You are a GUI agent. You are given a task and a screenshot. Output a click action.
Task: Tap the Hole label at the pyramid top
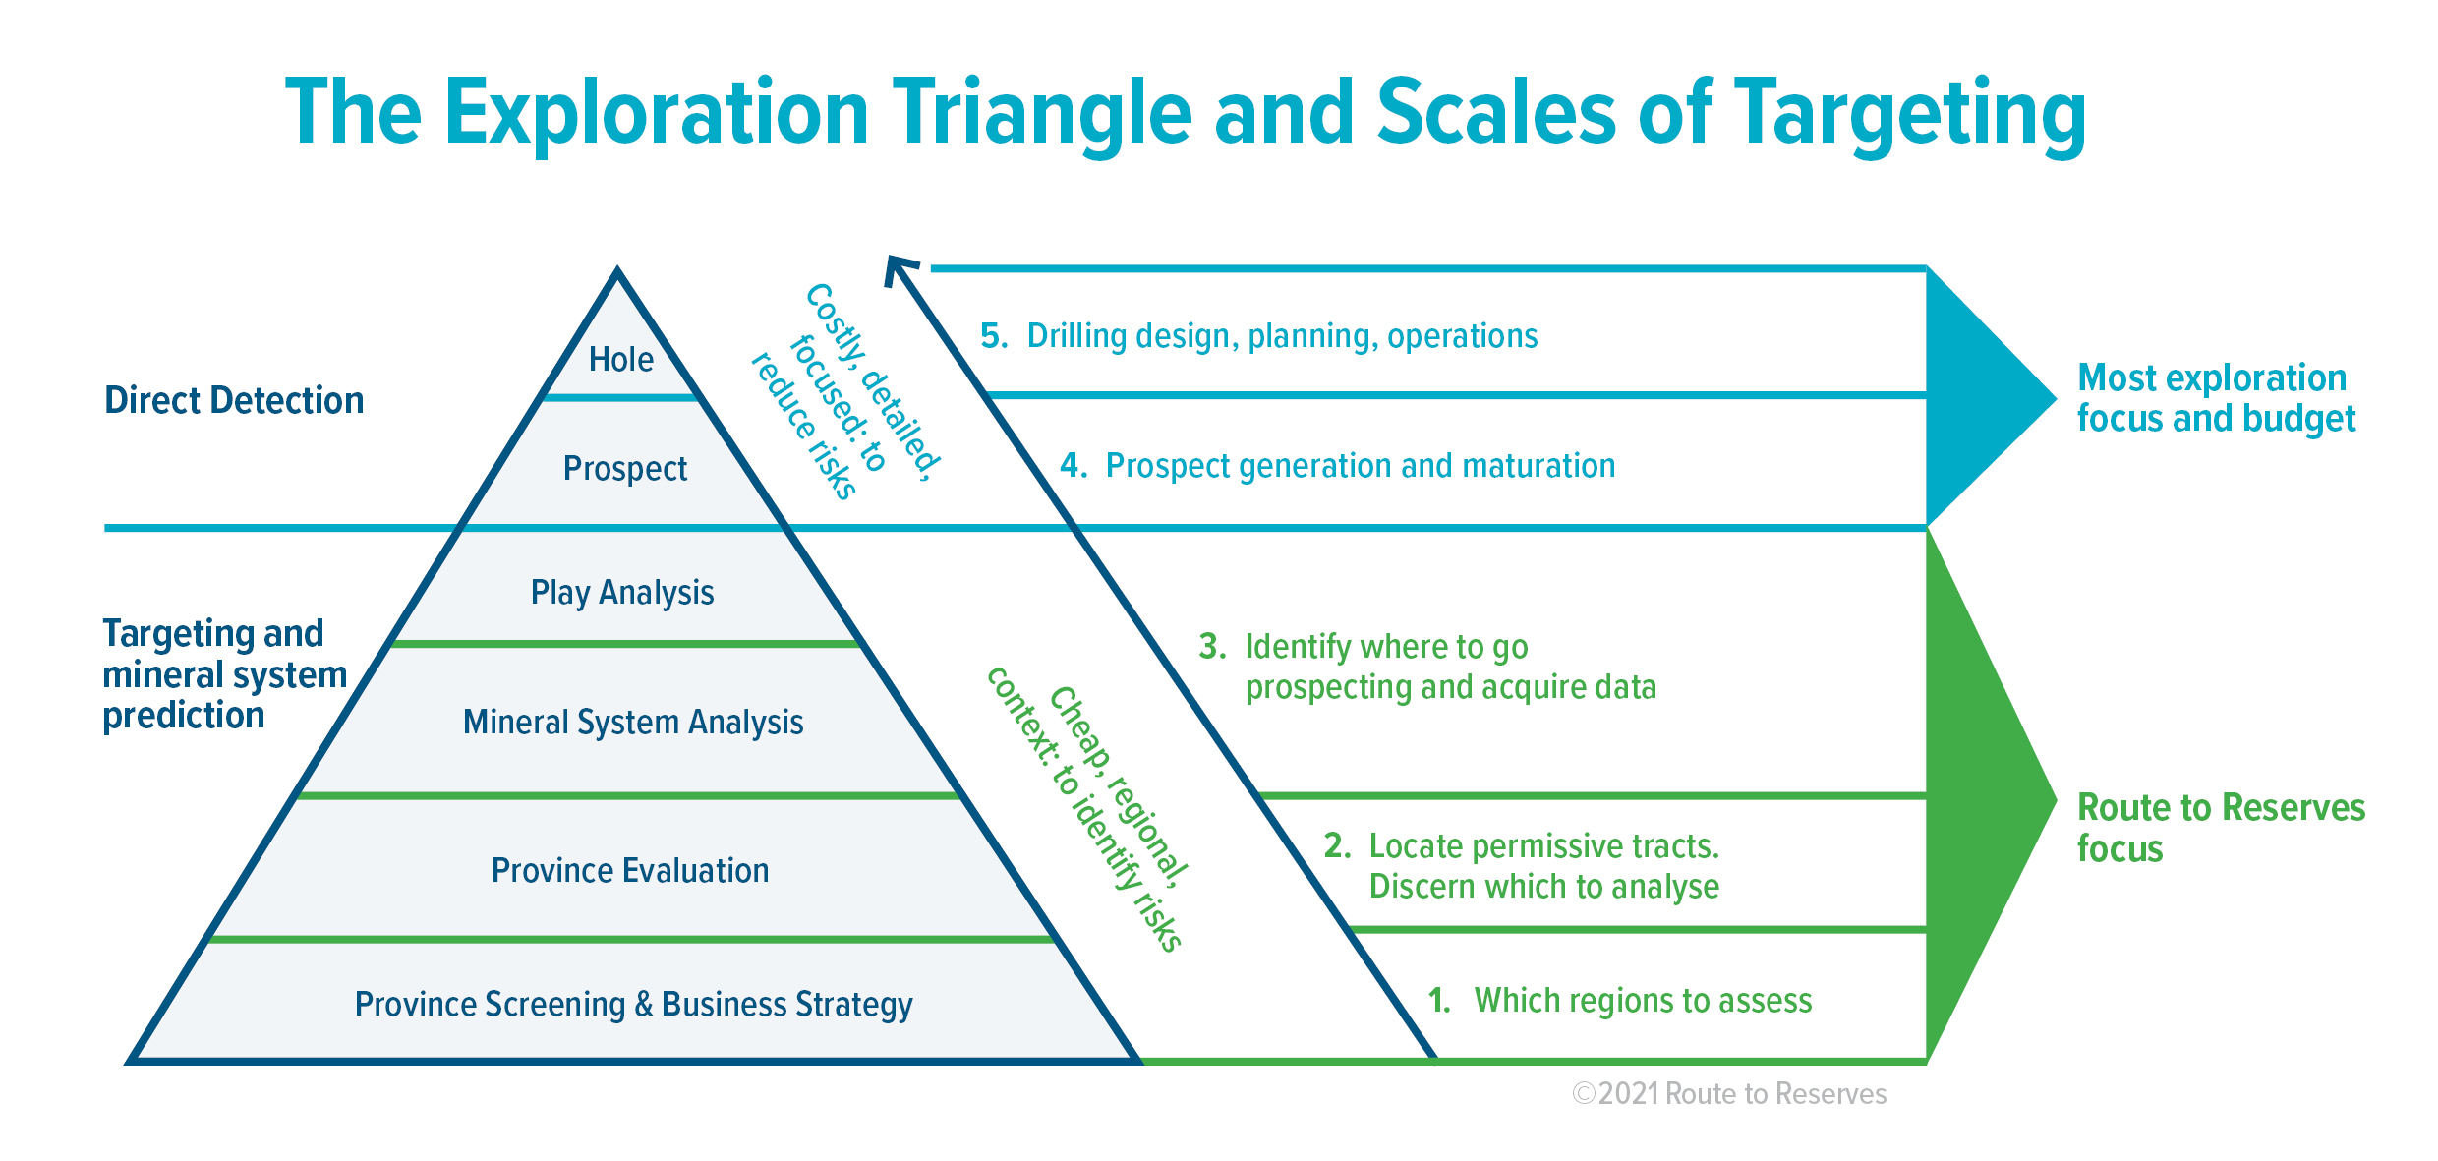(x=621, y=359)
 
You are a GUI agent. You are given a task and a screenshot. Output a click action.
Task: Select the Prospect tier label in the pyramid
(x=625, y=469)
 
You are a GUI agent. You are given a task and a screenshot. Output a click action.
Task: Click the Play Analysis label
(x=622, y=593)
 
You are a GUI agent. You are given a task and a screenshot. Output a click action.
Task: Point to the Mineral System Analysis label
(x=633, y=723)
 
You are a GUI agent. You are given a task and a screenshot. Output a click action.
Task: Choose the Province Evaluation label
(x=630, y=871)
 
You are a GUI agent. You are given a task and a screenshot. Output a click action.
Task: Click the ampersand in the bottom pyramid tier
(x=644, y=1004)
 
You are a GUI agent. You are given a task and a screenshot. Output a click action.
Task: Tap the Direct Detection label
(x=234, y=401)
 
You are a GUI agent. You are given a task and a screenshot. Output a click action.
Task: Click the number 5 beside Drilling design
(x=993, y=336)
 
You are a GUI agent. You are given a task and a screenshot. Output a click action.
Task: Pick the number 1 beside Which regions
(x=1438, y=1000)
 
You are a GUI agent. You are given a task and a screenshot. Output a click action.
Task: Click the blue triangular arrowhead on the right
(x=1976, y=397)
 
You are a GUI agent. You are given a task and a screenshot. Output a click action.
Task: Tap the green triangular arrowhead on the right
(x=1976, y=796)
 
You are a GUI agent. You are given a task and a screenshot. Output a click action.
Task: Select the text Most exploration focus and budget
(x=2216, y=398)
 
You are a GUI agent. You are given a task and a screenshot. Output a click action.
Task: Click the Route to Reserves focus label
(x=2221, y=828)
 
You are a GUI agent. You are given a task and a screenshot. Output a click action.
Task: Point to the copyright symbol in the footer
(x=1583, y=1093)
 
